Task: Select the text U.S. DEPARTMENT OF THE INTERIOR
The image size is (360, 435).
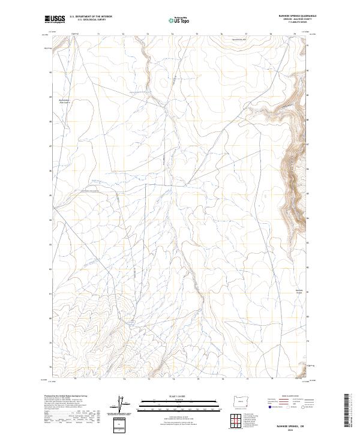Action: (x=91, y=16)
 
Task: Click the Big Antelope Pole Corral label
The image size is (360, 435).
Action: (x=65, y=101)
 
